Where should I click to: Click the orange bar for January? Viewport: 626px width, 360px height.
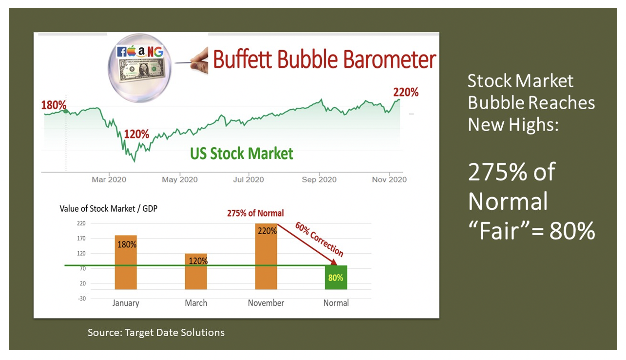tap(126, 262)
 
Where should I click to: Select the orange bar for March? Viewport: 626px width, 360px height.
tap(196, 271)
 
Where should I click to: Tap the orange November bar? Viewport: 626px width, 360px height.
tap(266, 256)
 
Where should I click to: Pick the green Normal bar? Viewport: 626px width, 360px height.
tap(336, 278)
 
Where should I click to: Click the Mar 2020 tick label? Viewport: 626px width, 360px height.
tap(109, 180)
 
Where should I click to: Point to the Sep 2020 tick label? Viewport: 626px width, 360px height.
tap(319, 180)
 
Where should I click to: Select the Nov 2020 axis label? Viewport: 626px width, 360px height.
tap(389, 180)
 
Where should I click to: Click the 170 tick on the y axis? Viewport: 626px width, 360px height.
tap(81, 239)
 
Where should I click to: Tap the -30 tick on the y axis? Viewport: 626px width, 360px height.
tap(82, 299)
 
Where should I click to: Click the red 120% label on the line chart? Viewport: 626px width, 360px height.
tap(137, 134)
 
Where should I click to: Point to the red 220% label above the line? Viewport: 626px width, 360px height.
tap(406, 92)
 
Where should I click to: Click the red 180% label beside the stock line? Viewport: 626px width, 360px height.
tap(54, 105)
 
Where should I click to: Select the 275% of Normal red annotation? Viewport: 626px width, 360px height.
tap(255, 213)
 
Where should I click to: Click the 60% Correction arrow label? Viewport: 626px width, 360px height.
tap(319, 240)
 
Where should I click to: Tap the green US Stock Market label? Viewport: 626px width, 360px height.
tap(242, 154)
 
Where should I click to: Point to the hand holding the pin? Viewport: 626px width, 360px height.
tap(200, 61)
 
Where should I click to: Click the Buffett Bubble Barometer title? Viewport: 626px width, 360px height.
tap(325, 60)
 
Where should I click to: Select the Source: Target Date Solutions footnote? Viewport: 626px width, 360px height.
tap(156, 333)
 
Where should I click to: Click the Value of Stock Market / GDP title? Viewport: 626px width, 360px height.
tap(108, 209)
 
